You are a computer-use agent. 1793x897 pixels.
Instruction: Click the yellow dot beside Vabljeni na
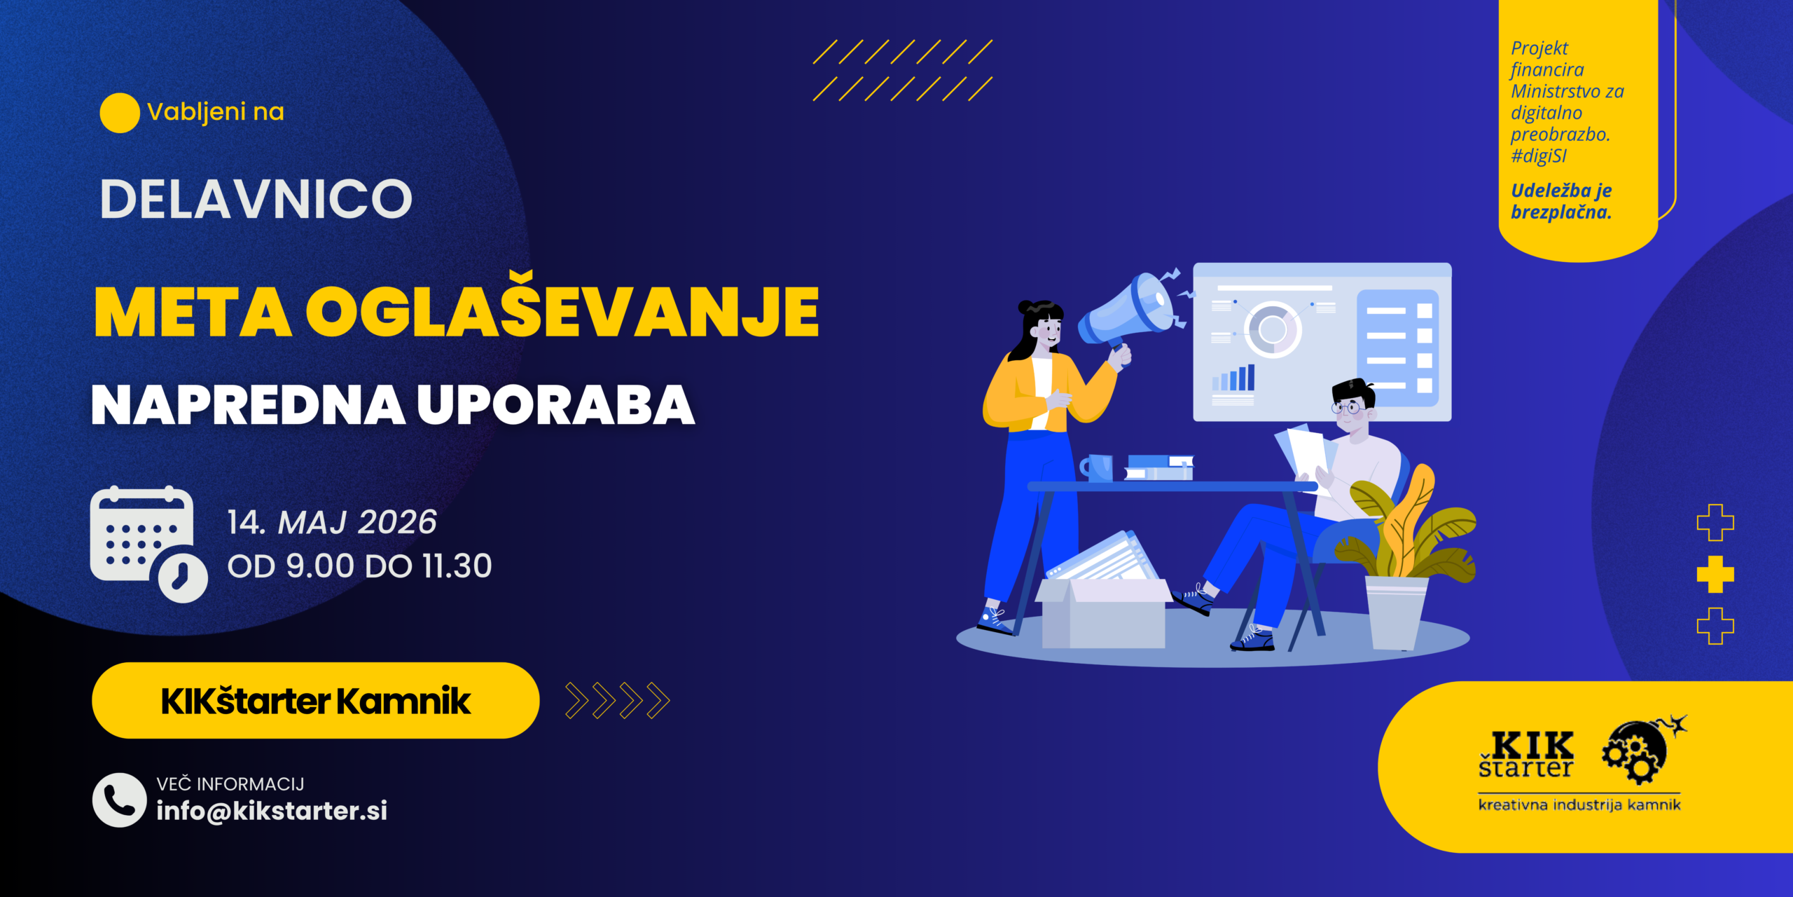point(120,113)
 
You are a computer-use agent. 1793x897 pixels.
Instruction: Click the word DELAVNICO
point(256,199)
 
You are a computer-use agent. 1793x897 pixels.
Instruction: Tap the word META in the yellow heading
point(193,312)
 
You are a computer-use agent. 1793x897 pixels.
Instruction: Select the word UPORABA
point(555,405)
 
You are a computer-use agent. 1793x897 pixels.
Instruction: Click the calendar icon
point(148,544)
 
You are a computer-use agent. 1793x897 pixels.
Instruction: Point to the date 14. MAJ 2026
point(332,523)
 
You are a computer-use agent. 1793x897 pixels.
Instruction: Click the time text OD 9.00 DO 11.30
point(359,566)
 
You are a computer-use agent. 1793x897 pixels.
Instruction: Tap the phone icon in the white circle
point(119,800)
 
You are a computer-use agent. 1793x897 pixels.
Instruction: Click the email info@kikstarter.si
point(272,811)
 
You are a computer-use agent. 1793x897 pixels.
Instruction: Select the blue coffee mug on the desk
point(1097,468)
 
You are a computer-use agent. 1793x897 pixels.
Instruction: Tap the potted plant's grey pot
point(1396,612)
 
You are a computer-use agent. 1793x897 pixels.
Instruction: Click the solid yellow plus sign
point(1715,575)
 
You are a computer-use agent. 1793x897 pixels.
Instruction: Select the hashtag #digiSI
point(1538,156)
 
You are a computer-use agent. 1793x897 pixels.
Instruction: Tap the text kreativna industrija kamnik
point(1579,804)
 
